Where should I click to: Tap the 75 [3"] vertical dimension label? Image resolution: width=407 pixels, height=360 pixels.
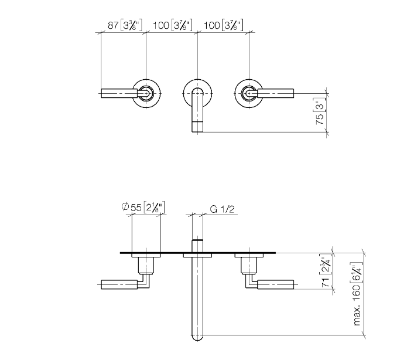point(320,111)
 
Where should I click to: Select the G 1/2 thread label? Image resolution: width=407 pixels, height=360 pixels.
point(222,209)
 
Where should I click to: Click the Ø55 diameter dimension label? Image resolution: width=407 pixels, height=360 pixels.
point(143,208)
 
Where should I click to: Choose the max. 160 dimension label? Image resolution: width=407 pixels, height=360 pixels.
point(357,294)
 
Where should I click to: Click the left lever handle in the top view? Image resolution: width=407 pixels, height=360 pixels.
point(119,93)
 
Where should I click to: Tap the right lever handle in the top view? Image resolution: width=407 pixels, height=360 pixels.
point(275,93)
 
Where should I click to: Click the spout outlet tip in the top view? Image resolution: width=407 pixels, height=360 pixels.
point(197,127)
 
